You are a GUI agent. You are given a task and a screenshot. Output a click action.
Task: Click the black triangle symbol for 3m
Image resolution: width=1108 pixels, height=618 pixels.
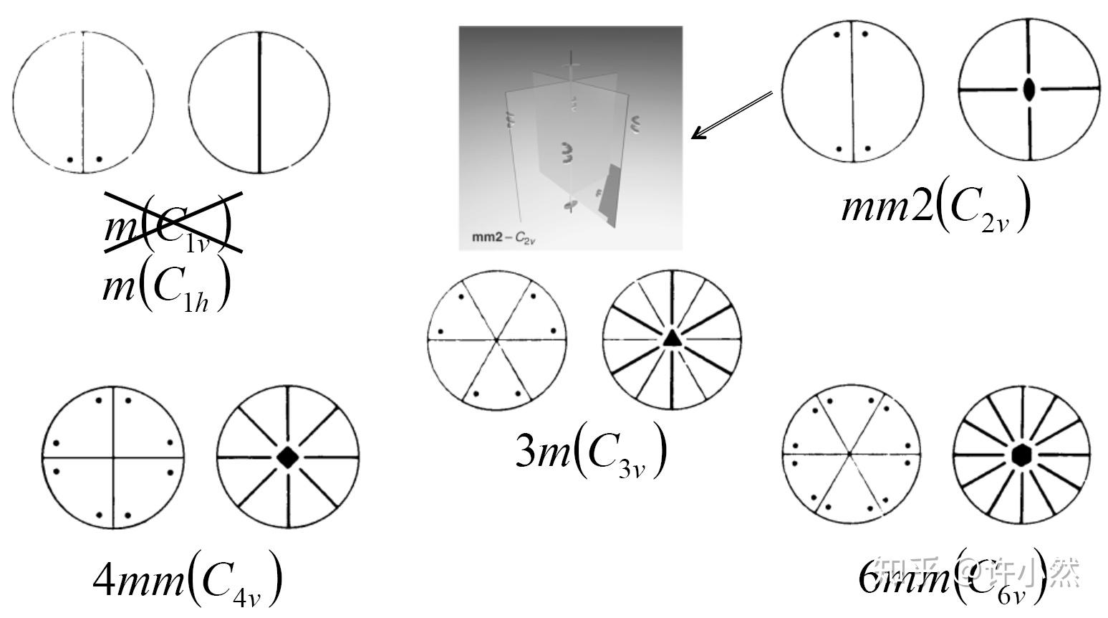(x=671, y=338)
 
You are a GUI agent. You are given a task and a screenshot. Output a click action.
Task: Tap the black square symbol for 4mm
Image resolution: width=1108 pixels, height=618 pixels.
(x=287, y=457)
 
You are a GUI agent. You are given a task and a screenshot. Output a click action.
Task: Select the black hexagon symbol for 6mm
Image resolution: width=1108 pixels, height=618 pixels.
(x=1021, y=455)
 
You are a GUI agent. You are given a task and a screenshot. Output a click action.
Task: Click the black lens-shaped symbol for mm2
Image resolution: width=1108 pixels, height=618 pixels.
(x=1029, y=90)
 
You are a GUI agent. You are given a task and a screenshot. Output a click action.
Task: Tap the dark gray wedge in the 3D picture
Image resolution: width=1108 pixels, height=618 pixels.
(x=607, y=195)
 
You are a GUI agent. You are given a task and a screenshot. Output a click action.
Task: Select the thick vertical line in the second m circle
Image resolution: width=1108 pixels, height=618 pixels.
(x=259, y=103)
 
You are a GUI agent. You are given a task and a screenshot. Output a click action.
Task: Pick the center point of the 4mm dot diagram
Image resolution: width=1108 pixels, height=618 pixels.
(x=113, y=457)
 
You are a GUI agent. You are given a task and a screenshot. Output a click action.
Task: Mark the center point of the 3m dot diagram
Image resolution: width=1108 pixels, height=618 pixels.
(x=496, y=338)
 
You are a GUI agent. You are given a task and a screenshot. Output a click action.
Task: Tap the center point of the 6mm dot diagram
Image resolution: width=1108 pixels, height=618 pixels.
(x=849, y=454)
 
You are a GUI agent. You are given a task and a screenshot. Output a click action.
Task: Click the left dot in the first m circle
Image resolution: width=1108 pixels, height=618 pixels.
(x=69, y=159)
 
